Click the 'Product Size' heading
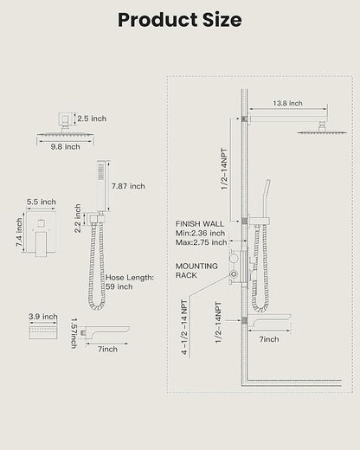point(180,20)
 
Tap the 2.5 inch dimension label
point(92,119)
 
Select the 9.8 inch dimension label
point(66,147)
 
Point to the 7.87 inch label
point(128,186)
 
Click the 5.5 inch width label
point(42,202)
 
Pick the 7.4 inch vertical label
point(19,232)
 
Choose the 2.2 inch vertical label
point(78,218)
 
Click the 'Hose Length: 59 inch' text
point(130,282)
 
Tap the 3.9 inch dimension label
point(43,317)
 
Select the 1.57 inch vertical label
point(74,333)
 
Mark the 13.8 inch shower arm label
point(287,103)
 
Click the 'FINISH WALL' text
point(200,224)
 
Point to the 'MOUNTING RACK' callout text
point(196,271)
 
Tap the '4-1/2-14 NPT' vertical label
point(184,327)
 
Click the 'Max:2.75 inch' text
point(201,242)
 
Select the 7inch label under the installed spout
point(269,339)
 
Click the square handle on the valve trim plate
point(42,224)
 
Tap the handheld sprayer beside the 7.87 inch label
point(101,186)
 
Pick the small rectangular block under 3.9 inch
point(43,332)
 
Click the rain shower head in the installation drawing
point(322,132)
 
